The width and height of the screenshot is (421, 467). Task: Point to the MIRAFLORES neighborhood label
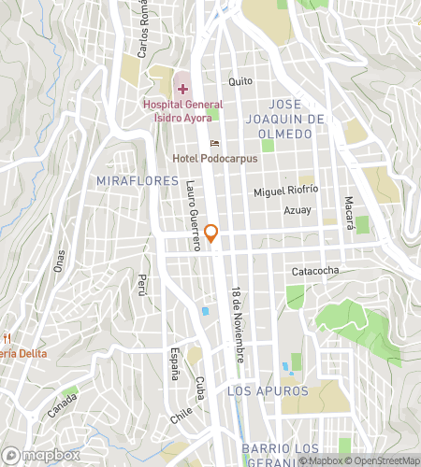pyautogui.click(x=137, y=179)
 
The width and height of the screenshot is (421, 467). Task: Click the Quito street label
pyautogui.click(x=240, y=81)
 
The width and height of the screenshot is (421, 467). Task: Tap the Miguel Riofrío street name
pyautogui.click(x=288, y=192)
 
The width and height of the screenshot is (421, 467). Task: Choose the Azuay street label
pyautogui.click(x=298, y=211)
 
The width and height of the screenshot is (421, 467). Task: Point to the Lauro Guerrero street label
pyautogui.click(x=194, y=215)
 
